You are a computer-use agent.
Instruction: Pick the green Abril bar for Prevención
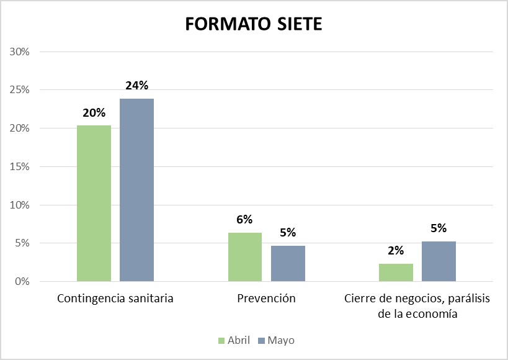pyautogui.click(x=244, y=257)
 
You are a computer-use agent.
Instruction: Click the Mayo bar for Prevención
pyautogui.click(x=288, y=264)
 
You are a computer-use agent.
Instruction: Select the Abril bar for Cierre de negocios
pyautogui.click(x=396, y=272)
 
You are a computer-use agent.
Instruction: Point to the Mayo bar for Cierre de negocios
pyautogui.click(x=439, y=261)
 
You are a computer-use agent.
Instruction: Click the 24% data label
pyautogui.click(x=136, y=86)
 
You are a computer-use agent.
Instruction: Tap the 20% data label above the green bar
pyautogui.click(x=94, y=113)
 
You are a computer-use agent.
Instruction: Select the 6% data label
pyautogui.click(x=244, y=219)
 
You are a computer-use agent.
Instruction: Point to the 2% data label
pyautogui.click(x=396, y=251)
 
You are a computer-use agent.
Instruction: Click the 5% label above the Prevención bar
pyautogui.click(x=288, y=233)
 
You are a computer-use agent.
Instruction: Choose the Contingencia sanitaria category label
pyautogui.click(x=115, y=299)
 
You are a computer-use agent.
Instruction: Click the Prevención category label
pyautogui.click(x=266, y=299)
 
